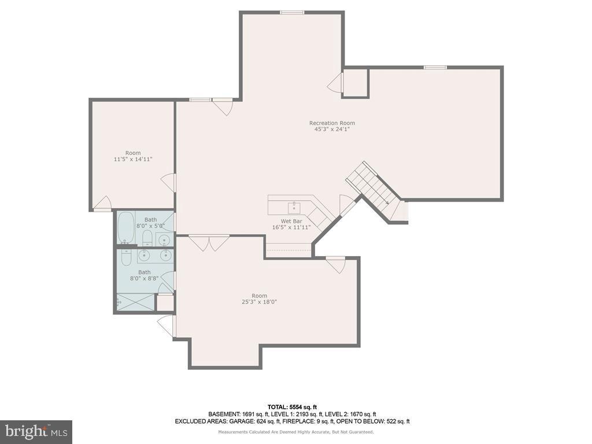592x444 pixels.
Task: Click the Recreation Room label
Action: pyautogui.click(x=332, y=123)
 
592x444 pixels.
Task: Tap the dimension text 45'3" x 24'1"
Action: pyautogui.click(x=332, y=129)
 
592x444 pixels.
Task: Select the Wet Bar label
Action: pyautogui.click(x=291, y=221)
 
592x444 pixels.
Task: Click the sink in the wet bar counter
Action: pyautogui.click(x=294, y=206)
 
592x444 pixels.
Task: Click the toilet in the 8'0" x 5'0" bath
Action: pyautogui.click(x=147, y=238)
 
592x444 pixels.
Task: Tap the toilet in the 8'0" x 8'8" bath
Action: pyautogui.click(x=127, y=257)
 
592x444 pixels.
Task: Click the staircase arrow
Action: pyautogui.click(x=386, y=202)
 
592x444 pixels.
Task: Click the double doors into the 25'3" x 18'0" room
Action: pyautogui.click(x=209, y=243)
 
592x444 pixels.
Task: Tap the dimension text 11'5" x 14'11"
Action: pyautogui.click(x=133, y=159)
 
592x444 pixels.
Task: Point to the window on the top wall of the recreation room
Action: pyautogui.click(x=293, y=12)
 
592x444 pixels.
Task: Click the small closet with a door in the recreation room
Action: pyautogui.click(x=356, y=83)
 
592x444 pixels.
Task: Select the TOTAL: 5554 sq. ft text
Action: pyautogui.click(x=292, y=406)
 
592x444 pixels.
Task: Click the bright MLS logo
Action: pyautogui.click(x=36, y=431)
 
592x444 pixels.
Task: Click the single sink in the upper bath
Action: pyautogui.click(x=165, y=239)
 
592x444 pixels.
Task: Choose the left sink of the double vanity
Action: pyautogui.click(x=145, y=255)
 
